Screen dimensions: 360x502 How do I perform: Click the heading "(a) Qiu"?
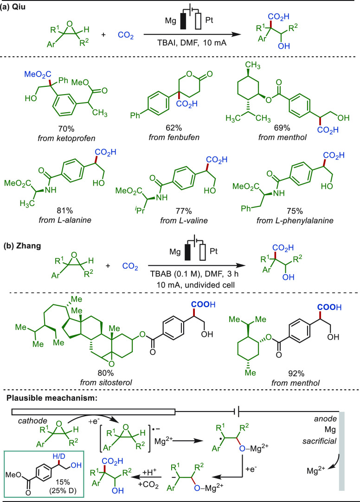click(x=13, y=7)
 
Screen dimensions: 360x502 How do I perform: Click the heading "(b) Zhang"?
click(x=22, y=246)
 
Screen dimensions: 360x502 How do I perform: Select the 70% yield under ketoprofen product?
click(x=66, y=129)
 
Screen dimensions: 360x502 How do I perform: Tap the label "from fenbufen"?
click(x=174, y=137)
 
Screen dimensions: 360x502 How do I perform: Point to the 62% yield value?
click(x=174, y=128)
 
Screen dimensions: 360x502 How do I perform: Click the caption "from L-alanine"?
click(x=65, y=220)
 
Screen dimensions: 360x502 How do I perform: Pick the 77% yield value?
click(x=184, y=211)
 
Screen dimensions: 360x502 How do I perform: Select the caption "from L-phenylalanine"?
click(x=295, y=220)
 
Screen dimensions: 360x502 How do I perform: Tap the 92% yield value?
click(x=296, y=373)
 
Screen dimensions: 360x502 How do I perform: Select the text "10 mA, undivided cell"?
click(x=195, y=284)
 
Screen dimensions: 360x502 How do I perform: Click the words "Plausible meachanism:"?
click(x=51, y=399)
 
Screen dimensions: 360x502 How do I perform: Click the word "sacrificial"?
click(x=319, y=441)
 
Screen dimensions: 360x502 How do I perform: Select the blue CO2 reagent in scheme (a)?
click(x=126, y=35)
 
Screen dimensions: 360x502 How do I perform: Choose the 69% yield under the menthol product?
click(x=282, y=128)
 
